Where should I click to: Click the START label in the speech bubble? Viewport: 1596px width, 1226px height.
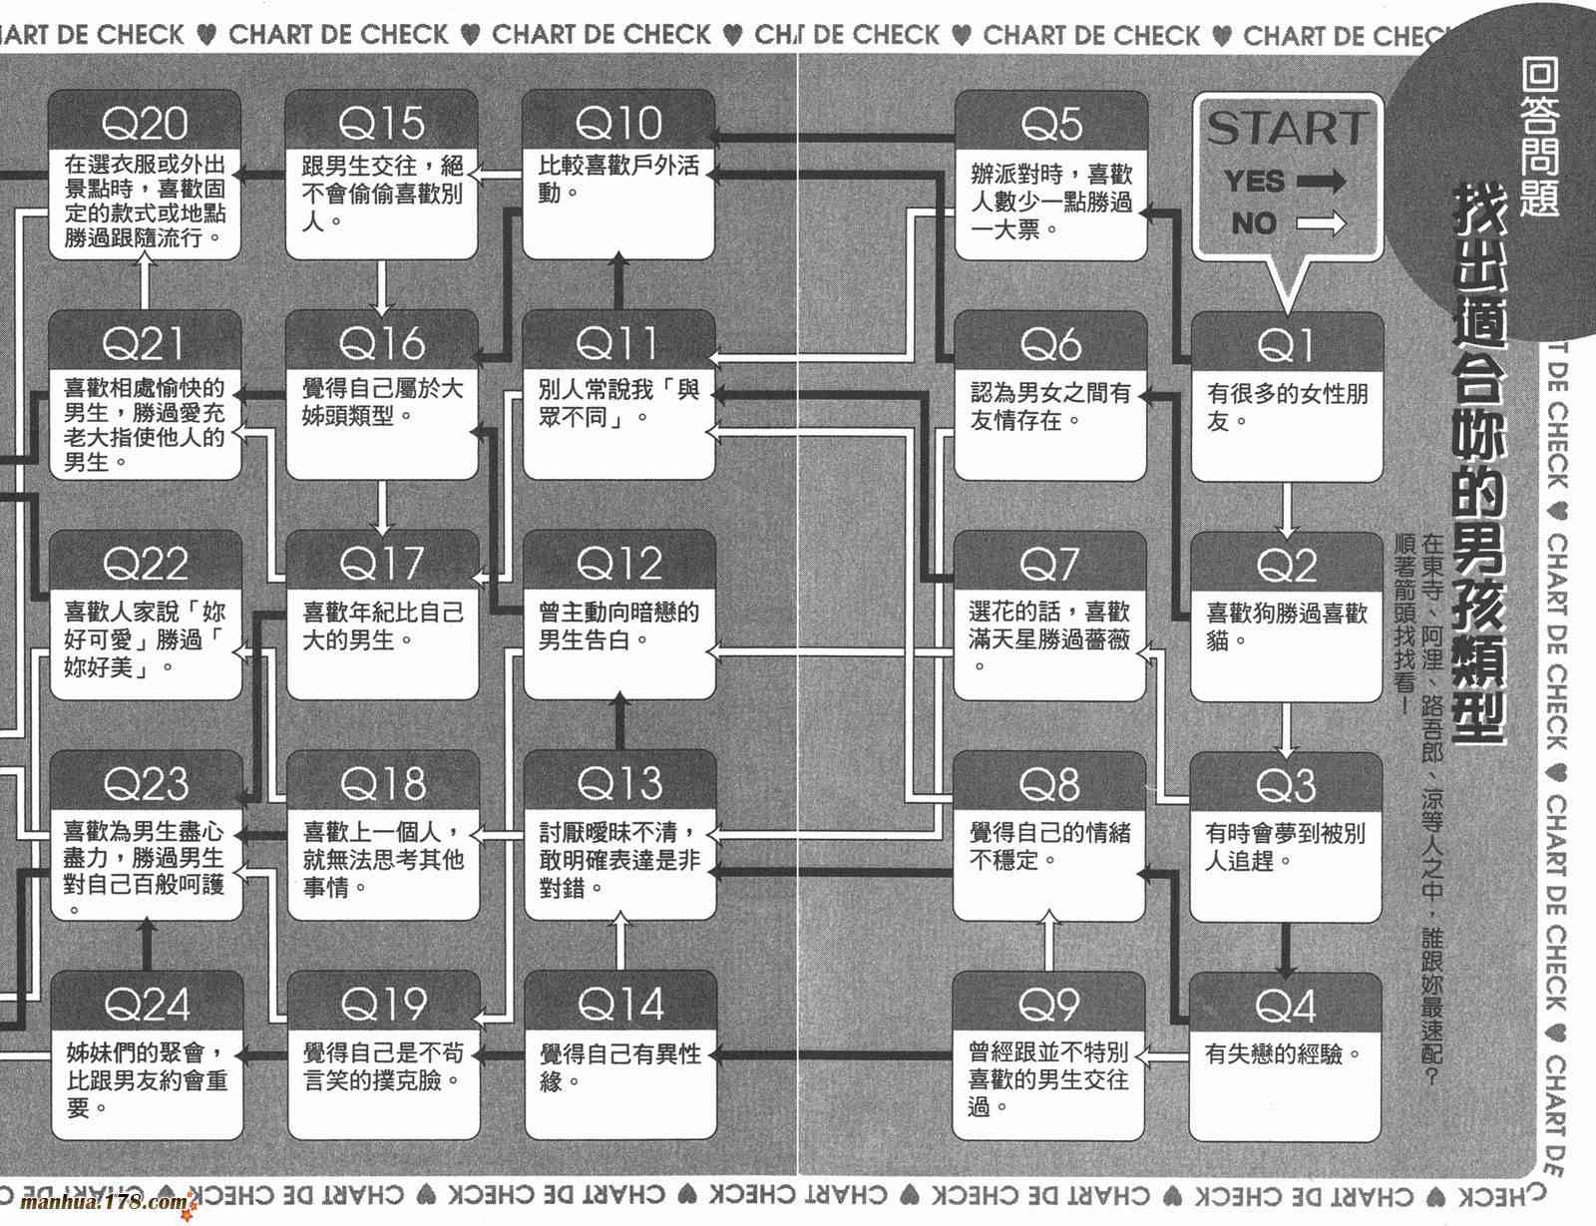coord(1286,129)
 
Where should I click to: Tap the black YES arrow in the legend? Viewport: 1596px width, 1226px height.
coord(1322,182)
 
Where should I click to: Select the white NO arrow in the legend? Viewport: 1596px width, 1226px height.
coord(1321,223)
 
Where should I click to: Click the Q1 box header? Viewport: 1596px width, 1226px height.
coord(1286,345)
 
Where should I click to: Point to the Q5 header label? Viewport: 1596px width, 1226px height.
coord(1050,125)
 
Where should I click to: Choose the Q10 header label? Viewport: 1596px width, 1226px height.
coord(618,124)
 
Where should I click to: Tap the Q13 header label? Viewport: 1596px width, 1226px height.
coord(618,783)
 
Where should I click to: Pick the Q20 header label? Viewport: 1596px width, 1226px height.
coord(145,124)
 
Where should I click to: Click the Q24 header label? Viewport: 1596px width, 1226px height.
coord(146,1005)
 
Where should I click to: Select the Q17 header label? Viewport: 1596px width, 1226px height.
coord(382,564)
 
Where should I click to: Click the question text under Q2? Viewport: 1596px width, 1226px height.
coord(1286,626)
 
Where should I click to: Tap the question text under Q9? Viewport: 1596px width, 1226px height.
coord(1047,1078)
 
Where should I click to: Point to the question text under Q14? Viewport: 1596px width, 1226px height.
coord(619,1066)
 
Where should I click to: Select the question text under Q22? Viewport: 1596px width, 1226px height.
coord(145,638)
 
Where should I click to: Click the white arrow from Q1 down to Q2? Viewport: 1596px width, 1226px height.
coord(1287,509)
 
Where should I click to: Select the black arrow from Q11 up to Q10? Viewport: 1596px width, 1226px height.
coord(618,282)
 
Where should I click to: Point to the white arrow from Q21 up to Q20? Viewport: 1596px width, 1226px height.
coord(146,282)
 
